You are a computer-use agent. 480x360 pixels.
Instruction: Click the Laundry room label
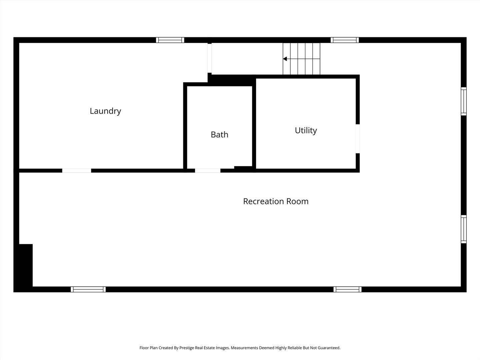pyautogui.click(x=105, y=111)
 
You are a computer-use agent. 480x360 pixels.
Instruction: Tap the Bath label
pyautogui.click(x=219, y=135)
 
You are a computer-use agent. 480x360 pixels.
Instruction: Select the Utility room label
pyautogui.click(x=306, y=130)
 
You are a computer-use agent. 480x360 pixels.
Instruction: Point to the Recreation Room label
pyautogui.click(x=276, y=201)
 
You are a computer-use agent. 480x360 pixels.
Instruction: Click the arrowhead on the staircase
pyautogui.click(x=285, y=59)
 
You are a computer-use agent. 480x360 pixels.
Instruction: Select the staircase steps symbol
pyautogui.click(x=301, y=59)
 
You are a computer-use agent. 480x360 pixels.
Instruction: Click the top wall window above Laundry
pyautogui.click(x=170, y=40)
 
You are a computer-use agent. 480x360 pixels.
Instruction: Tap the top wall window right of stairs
pyautogui.click(x=345, y=40)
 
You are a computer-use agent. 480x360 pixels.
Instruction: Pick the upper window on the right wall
pyautogui.click(x=464, y=101)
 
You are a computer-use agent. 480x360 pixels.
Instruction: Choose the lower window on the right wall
pyautogui.click(x=464, y=229)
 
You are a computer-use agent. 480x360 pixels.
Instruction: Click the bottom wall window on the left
pyautogui.click(x=88, y=289)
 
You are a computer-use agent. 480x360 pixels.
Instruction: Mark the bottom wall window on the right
pyautogui.click(x=347, y=289)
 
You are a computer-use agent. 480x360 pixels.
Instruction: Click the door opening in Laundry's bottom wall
pyautogui.click(x=77, y=171)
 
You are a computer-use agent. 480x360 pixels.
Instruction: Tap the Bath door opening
pyautogui.click(x=207, y=171)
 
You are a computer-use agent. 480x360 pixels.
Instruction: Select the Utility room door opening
pyautogui.click(x=358, y=139)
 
